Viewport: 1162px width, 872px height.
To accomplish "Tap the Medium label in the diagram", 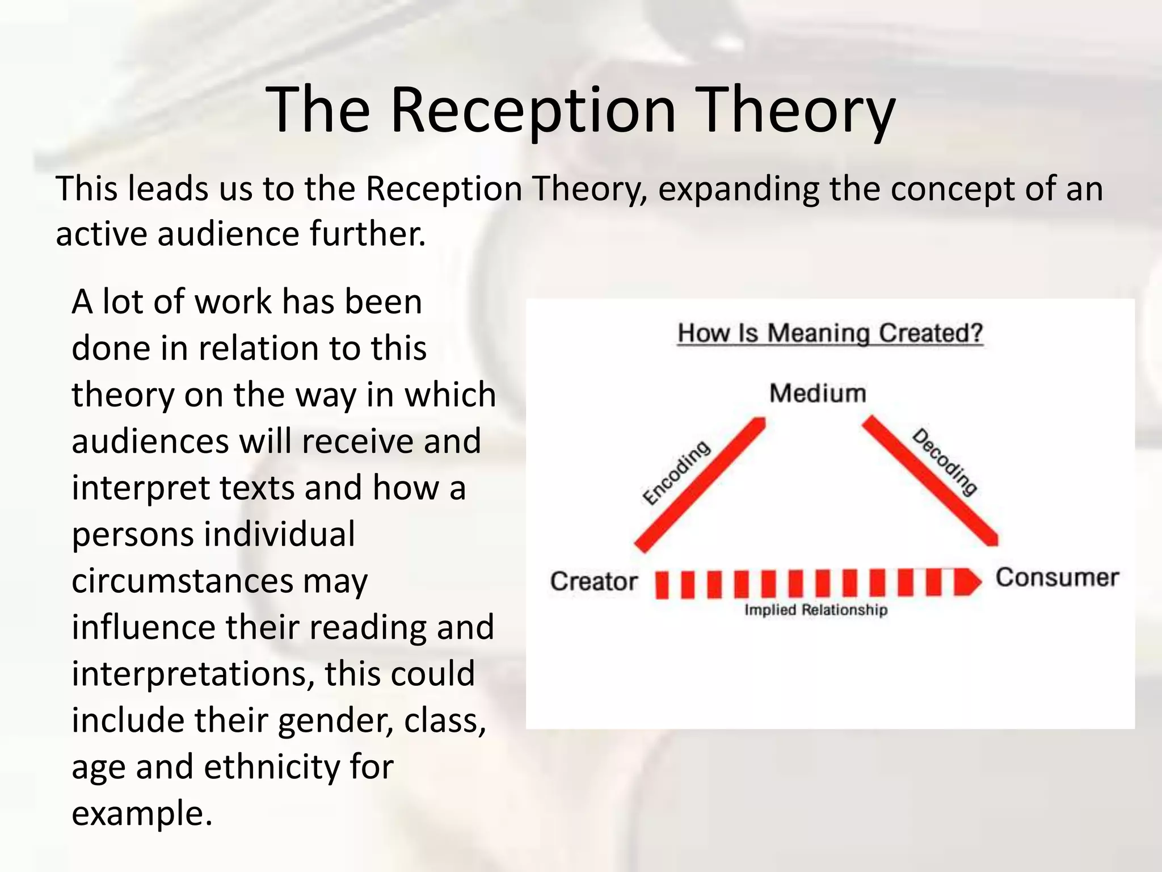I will click(818, 393).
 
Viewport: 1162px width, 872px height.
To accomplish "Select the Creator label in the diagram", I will click(593, 581).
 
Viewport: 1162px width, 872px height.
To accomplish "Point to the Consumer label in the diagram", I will click(1056, 578).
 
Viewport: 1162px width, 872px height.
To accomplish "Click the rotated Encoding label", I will click(676, 472).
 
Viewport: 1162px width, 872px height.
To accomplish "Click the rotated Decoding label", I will click(945, 462).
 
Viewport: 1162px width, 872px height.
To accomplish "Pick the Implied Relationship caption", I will click(815, 610).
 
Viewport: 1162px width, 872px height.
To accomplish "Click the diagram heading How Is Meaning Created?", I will click(830, 333).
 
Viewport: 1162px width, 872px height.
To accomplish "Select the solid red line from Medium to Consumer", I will click(931, 481).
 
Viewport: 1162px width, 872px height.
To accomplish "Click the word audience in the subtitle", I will click(228, 234).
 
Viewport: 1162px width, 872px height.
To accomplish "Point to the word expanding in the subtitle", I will click(738, 188).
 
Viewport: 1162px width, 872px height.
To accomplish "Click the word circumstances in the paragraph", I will click(182, 581).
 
